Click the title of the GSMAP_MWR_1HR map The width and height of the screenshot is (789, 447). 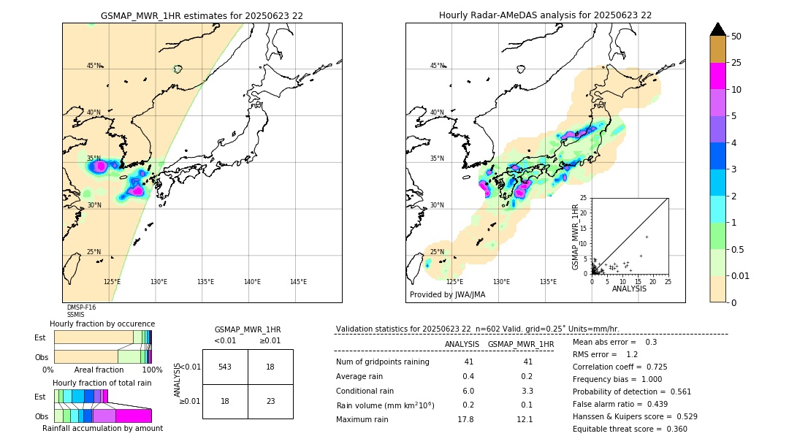(x=202, y=15)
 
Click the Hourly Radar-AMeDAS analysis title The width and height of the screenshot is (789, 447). (x=545, y=15)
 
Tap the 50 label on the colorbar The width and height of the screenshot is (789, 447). (x=736, y=37)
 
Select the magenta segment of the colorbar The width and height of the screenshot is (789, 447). (x=717, y=76)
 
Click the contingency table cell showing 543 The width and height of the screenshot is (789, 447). (x=225, y=367)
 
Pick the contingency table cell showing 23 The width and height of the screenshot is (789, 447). (x=270, y=401)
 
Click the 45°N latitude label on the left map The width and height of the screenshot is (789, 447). (x=94, y=66)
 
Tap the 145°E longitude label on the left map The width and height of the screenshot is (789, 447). (x=298, y=282)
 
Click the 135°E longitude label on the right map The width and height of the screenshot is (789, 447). (x=548, y=282)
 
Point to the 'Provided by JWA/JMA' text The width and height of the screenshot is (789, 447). (x=447, y=295)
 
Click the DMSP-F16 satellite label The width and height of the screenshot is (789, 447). (x=81, y=307)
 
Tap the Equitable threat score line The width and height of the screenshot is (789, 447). (x=630, y=429)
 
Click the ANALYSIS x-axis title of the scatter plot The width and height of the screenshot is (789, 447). (x=629, y=289)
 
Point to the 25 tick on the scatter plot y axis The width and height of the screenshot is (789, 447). (x=584, y=198)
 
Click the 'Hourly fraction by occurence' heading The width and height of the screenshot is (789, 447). (x=102, y=324)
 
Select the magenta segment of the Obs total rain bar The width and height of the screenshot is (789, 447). (x=134, y=416)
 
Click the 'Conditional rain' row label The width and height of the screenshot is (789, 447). (x=366, y=391)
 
